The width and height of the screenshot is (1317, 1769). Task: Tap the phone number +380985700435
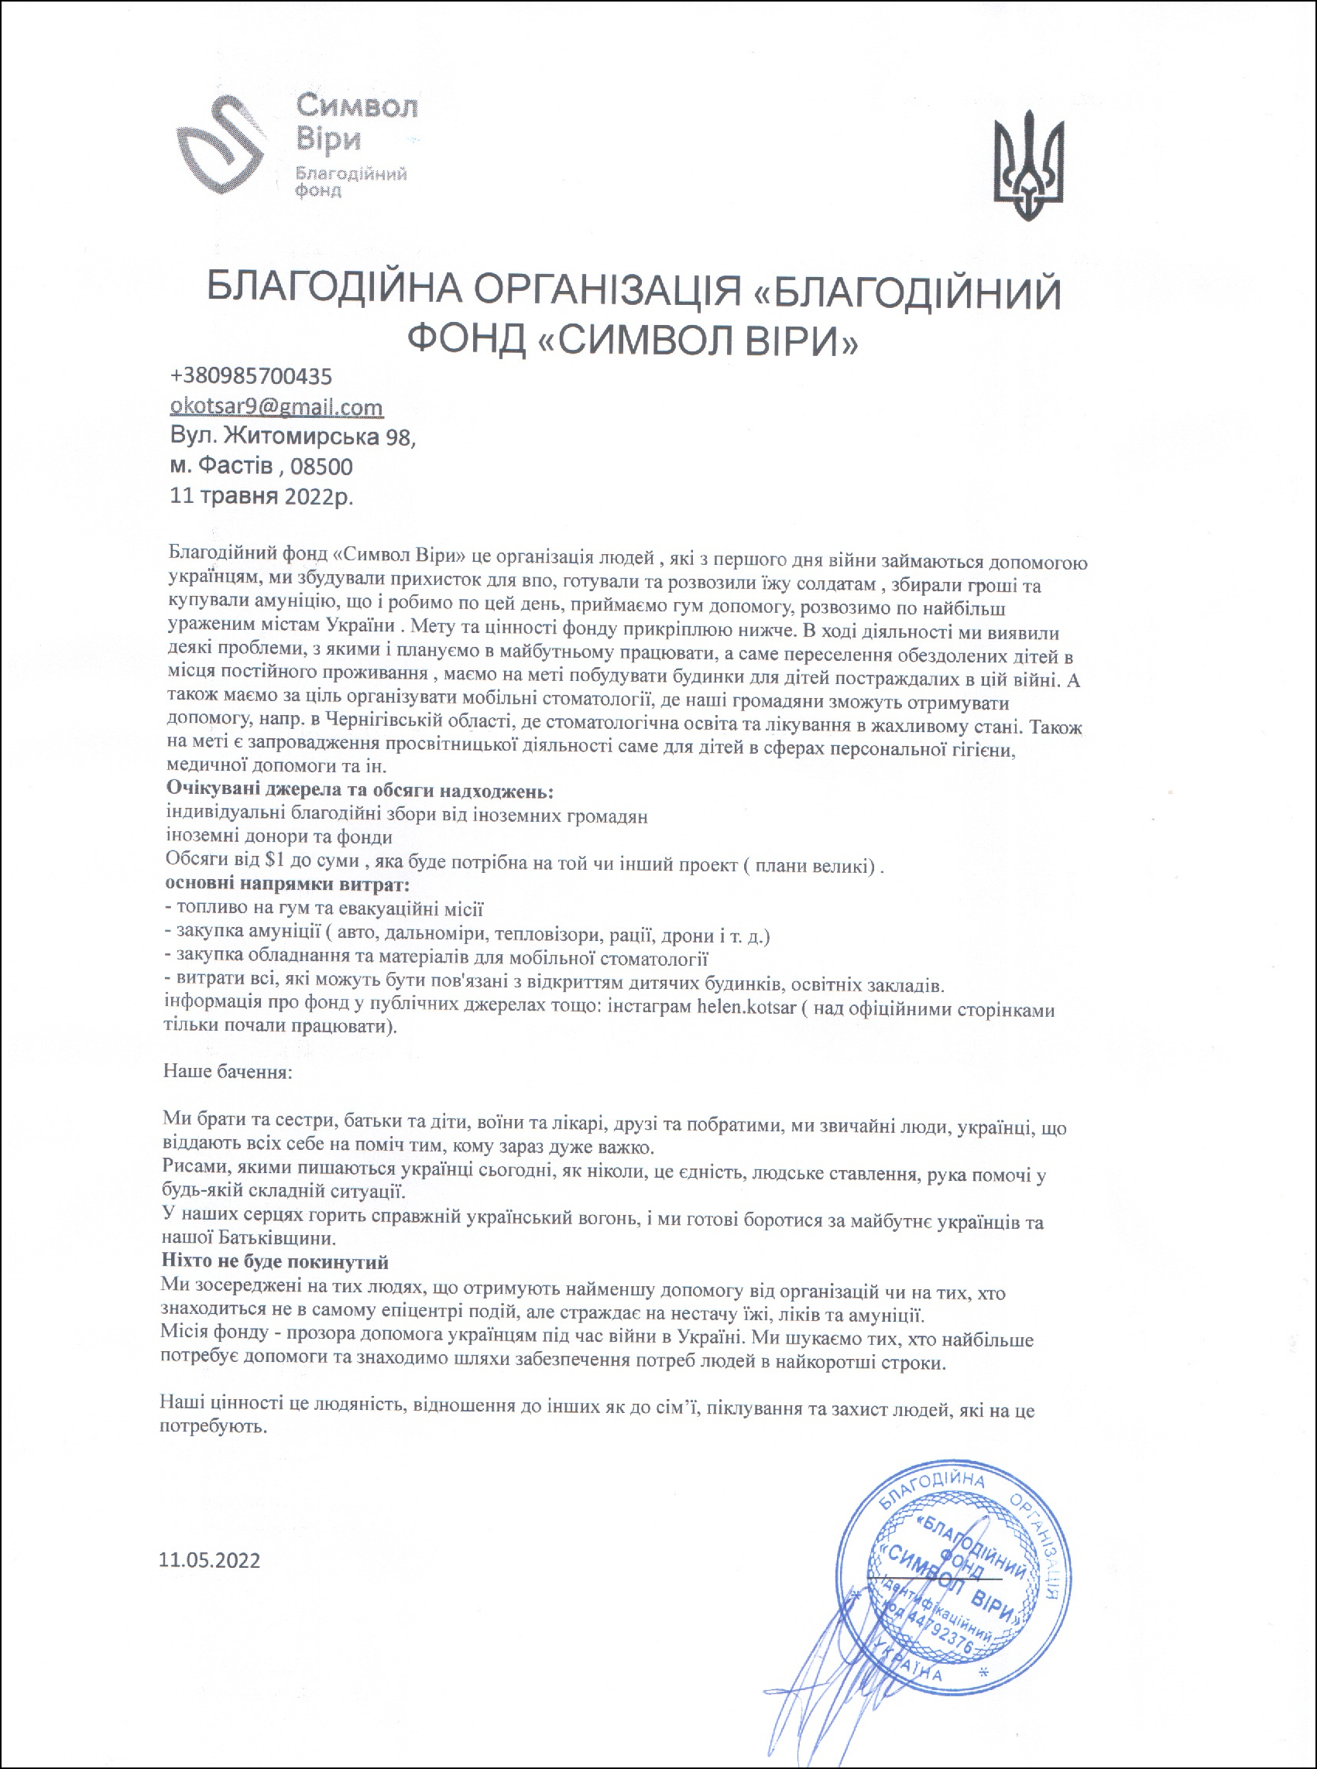[251, 375]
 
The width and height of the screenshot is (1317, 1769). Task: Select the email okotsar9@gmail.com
[276, 407]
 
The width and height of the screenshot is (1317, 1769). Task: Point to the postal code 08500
[321, 466]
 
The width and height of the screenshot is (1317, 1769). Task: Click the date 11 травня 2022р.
[262, 497]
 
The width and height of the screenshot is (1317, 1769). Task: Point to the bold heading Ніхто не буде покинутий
[275, 1262]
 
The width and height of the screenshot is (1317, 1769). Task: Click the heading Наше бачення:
[228, 1071]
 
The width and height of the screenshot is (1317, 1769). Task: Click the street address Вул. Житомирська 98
[293, 436]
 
